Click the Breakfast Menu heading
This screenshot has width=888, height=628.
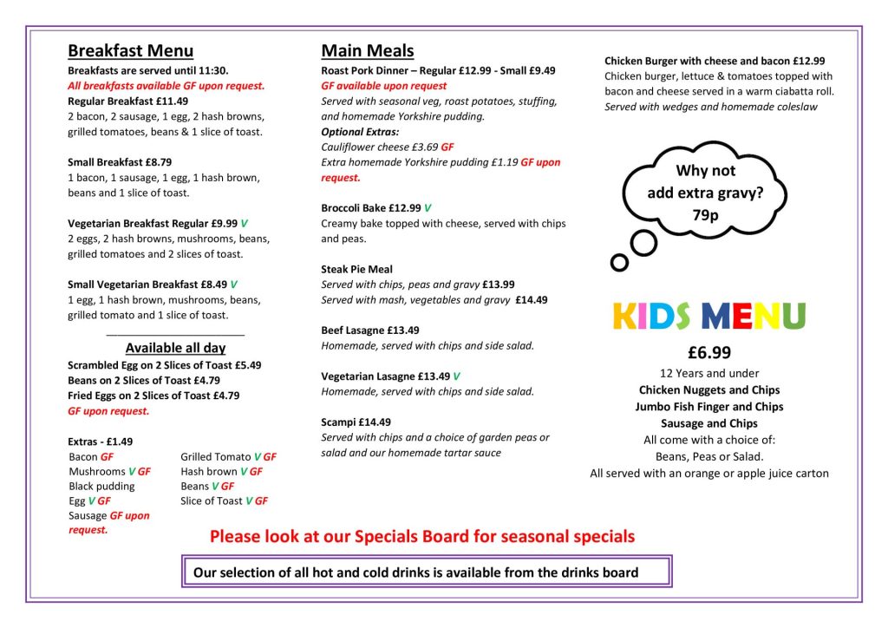130,50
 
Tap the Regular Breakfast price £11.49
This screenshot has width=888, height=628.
170,101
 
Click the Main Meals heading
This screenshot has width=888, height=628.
368,50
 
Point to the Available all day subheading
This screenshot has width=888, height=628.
175,348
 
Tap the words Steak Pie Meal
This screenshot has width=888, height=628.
356,269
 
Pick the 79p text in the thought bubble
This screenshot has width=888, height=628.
706,214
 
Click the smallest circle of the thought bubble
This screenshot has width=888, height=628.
618,262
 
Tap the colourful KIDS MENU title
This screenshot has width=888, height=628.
708,317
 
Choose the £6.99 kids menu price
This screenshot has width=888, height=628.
709,353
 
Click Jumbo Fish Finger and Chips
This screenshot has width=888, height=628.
709,407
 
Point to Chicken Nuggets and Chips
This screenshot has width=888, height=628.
709,390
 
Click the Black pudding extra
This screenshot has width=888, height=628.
101,486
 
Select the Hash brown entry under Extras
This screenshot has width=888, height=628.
208,472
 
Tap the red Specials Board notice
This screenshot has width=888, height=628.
422,536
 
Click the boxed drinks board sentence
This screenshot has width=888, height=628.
415,572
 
